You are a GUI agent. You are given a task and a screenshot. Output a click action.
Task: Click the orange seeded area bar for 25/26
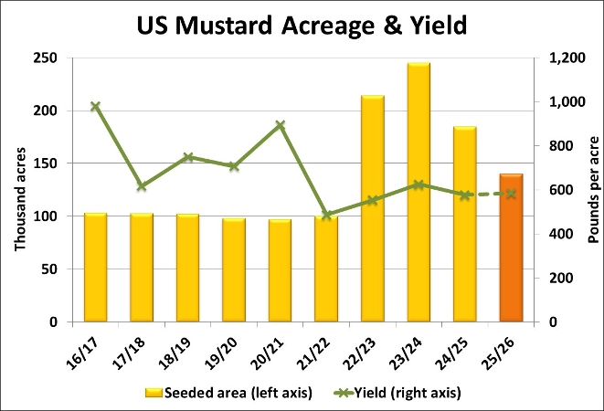(511, 248)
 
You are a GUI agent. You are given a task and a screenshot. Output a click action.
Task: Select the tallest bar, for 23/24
(419, 192)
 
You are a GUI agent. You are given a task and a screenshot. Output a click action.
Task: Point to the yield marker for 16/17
(95, 107)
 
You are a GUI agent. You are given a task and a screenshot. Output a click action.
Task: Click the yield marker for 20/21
(281, 125)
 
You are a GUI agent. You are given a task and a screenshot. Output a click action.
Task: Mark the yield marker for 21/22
(326, 216)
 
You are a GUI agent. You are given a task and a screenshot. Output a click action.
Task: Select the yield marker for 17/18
(141, 186)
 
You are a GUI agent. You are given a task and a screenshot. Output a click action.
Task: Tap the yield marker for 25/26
(511, 194)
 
